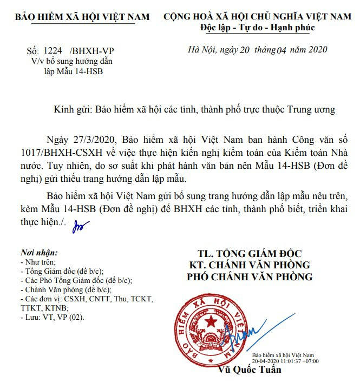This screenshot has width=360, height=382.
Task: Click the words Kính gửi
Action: [x=74, y=109]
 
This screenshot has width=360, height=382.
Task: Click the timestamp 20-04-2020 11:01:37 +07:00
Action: [x=285, y=361]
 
